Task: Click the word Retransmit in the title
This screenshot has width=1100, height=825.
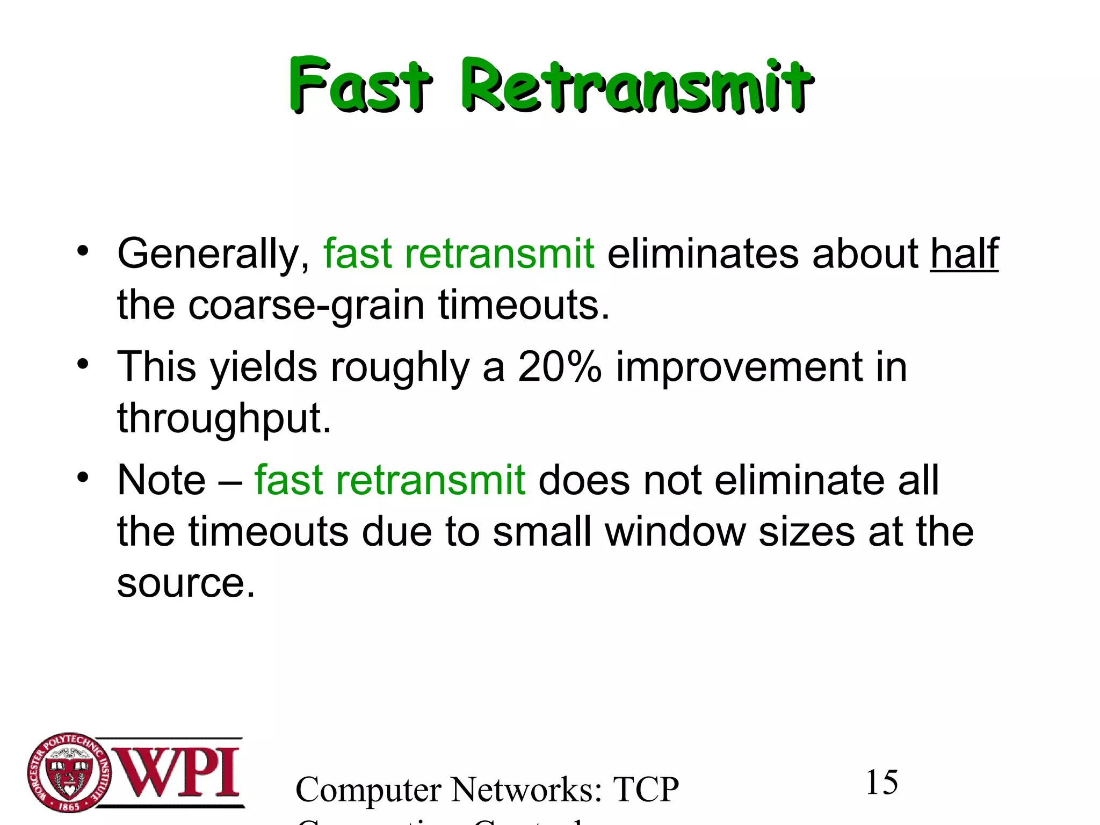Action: [636, 86]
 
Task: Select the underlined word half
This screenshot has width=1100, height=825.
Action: [964, 254]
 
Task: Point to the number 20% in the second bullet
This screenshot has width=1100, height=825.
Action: [559, 367]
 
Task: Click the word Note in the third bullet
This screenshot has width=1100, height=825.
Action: [161, 480]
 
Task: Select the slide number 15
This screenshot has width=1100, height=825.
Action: [881, 783]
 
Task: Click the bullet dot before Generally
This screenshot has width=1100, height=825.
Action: [82, 251]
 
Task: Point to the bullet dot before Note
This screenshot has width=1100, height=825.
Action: [82, 477]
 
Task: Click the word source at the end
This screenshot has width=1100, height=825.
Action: [185, 584]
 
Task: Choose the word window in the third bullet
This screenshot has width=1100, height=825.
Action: [675, 532]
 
